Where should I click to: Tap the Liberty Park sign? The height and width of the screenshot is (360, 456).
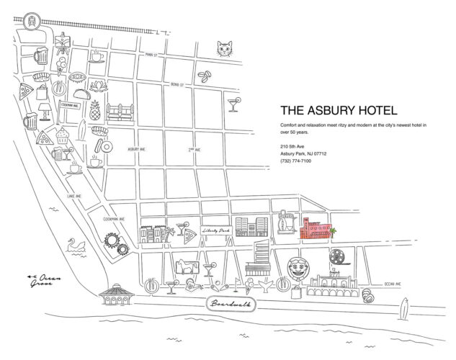pos(219,230)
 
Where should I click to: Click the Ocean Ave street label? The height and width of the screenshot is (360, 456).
pos(395,283)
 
